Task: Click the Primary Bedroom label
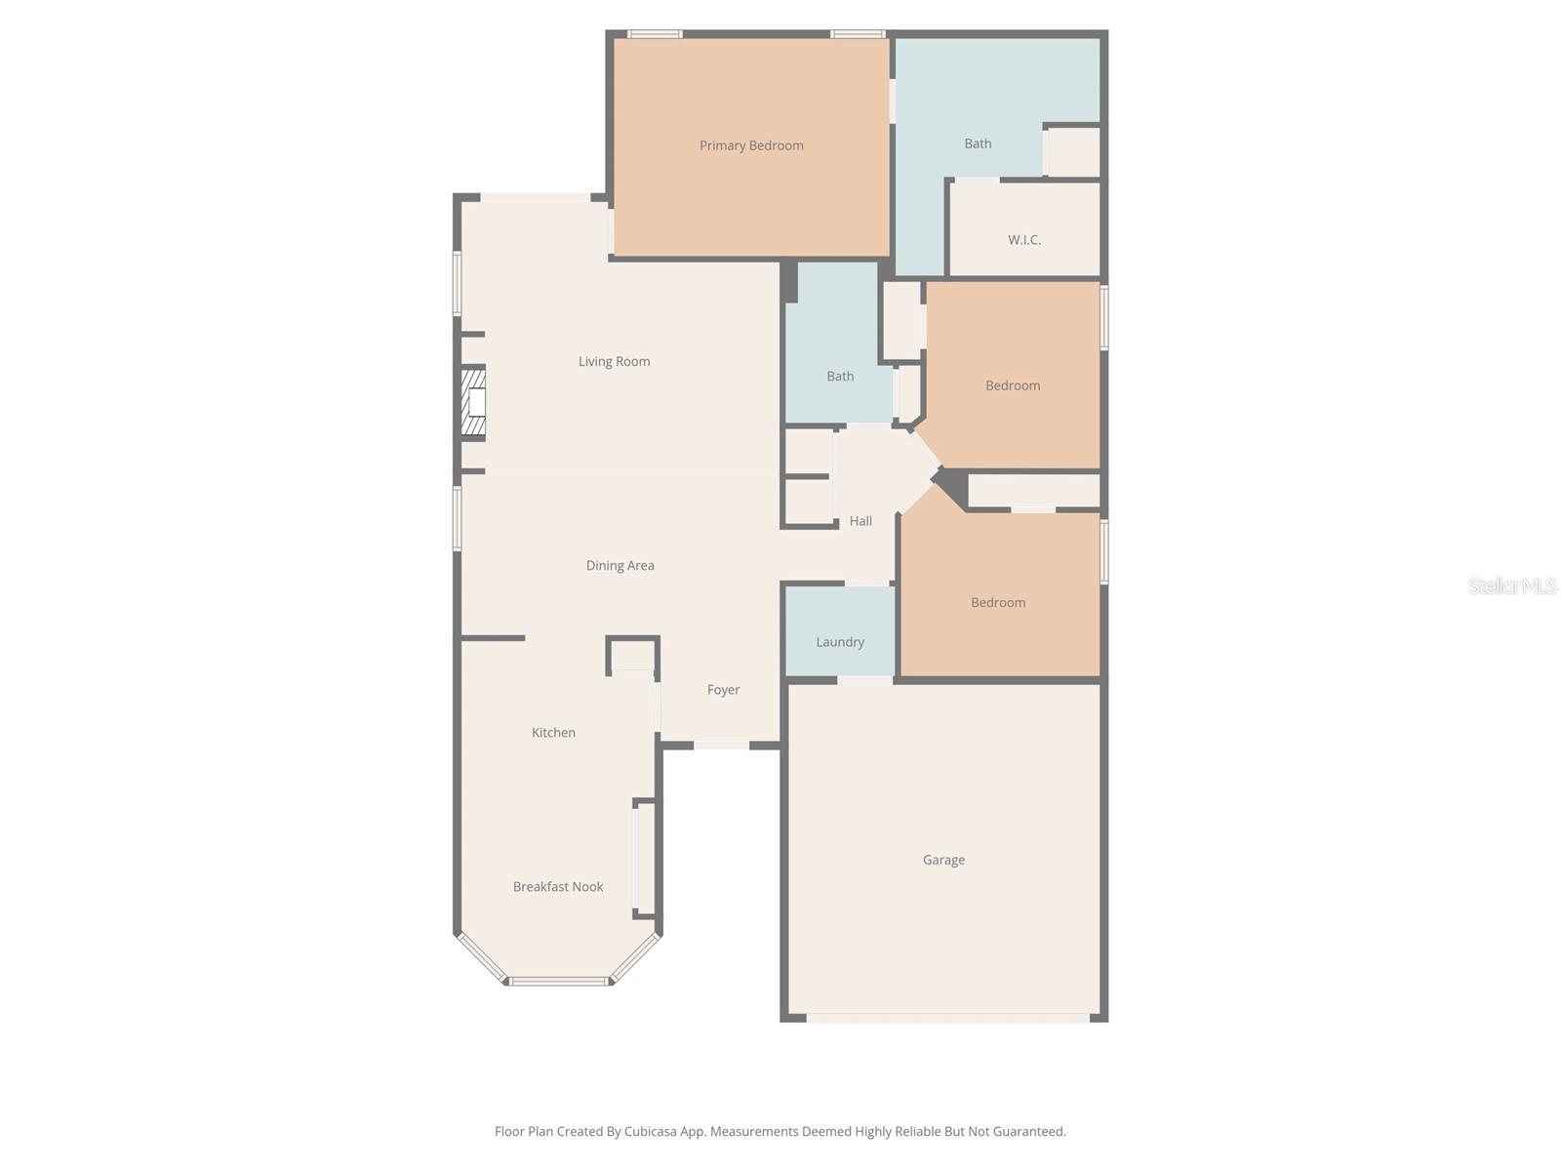[751, 145]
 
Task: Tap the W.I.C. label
[1024, 240]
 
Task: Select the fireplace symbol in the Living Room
[474, 402]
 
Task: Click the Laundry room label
[840, 642]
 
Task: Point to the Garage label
[943, 860]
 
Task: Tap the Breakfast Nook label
[558, 887]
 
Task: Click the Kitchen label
[553, 733]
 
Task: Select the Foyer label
[723, 690]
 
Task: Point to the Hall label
[861, 521]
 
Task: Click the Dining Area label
[620, 566]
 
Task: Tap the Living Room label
[614, 362]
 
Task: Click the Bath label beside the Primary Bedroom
[978, 143]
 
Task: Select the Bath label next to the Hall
[840, 377]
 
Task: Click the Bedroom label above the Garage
[998, 603]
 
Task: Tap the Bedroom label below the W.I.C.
[1013, 385]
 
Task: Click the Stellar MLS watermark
[1512, 585]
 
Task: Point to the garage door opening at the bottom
[946, 1018]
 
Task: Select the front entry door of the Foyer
[722, 746]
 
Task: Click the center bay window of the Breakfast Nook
[558, 981]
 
